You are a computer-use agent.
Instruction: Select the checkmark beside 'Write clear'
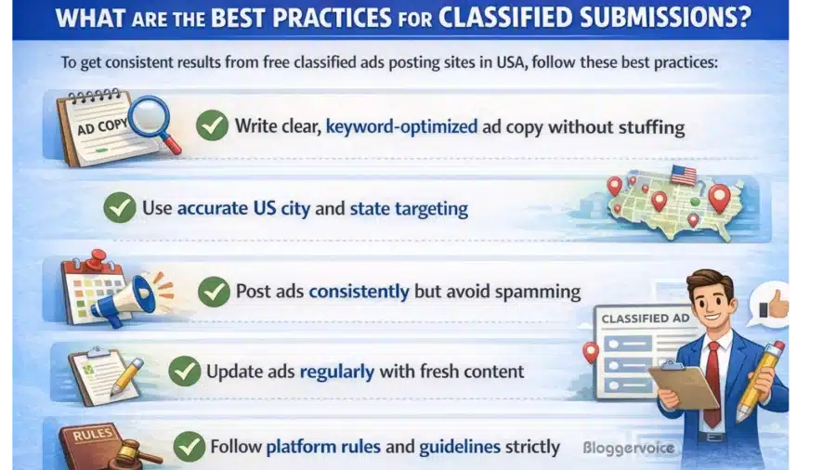[x=212, y=124]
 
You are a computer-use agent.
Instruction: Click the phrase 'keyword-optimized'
[x=400, y=126]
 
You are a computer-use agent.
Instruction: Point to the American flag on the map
[x=683, y=174]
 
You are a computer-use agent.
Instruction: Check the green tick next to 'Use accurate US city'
[x=120, y=207]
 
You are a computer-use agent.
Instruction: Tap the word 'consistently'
[x=359, y=291]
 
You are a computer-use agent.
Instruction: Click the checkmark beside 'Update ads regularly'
[x=184, y=372]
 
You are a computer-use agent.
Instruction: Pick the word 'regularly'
[x=336, y=372]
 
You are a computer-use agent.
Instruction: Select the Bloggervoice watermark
[x=628, y=448]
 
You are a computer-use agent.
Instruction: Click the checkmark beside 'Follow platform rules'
[x=189, y=447]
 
